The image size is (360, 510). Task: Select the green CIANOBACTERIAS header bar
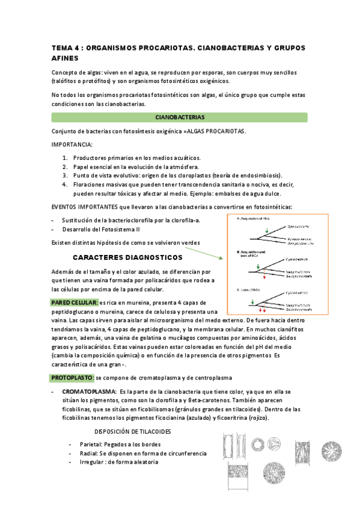pyautogui.click(x=180, y=117)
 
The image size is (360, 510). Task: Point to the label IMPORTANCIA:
pyautogui.click(x=72, y=145)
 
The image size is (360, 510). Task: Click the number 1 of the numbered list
pyautogui.click(x=65, y=158)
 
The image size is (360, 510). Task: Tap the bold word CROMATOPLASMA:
pyautogui.click(x=89, y=392)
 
